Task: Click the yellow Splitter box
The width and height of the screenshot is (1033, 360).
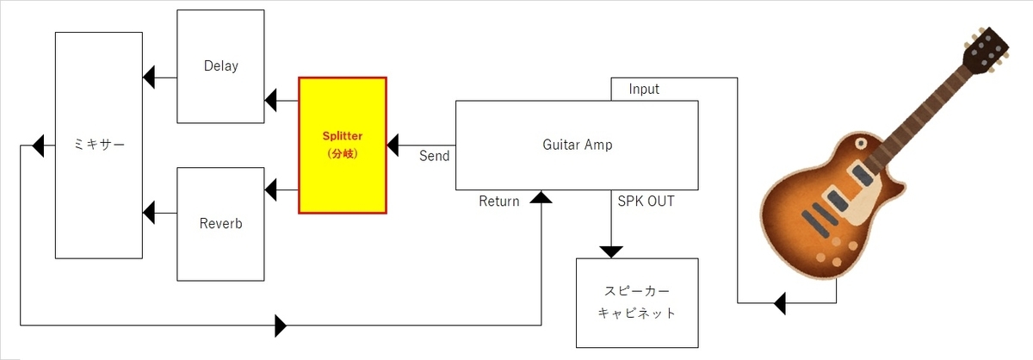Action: click(x=343, y=145)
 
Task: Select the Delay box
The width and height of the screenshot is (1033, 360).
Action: click(x=220, y=66)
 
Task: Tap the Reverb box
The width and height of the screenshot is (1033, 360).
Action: click(x=220, y=224)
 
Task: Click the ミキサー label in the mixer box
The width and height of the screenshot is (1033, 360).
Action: click(x=97, y=144)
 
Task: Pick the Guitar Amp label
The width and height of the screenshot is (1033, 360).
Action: click(x=578, y=145)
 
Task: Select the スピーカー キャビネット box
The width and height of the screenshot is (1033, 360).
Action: click(x=637, y=302)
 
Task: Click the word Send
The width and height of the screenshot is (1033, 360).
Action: click(x=434, y=156)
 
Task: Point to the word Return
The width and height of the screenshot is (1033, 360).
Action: click(x=498, y=202)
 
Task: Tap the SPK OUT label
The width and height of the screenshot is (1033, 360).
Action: click(x=646, y=202)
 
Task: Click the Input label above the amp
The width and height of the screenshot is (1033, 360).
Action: click(x=645, y=90)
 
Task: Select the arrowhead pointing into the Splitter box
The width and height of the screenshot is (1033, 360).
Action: click(x=393, y=145)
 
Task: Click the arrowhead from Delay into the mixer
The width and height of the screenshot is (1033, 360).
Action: click(x=149, y=78)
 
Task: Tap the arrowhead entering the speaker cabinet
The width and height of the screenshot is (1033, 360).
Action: click(x=611, y=251)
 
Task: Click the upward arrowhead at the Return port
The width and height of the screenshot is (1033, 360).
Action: click(x=541, y=196)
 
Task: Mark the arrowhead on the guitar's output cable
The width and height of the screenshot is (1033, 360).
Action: click(x=780, y=303)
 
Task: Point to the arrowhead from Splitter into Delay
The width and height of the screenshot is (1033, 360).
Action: click(x=270, y=101)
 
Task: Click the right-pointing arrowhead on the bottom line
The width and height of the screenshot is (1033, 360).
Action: click(x=281, y=326)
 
